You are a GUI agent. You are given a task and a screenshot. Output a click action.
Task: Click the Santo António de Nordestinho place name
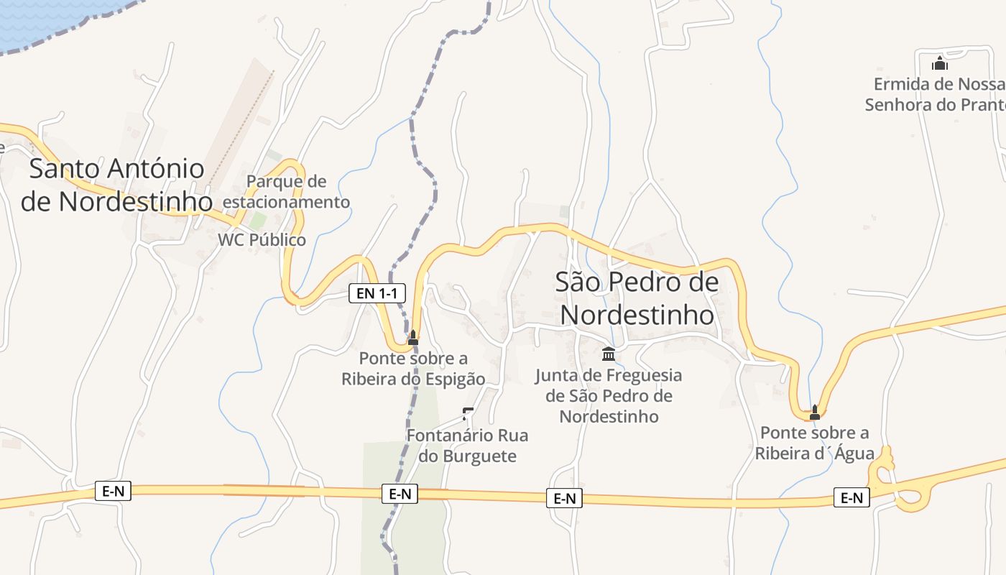coord(117,185)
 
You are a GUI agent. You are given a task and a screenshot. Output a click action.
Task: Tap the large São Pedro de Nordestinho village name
coord(637,298)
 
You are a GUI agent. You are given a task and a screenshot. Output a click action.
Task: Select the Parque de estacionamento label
coord(286,191)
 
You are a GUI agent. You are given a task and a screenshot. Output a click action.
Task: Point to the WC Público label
coord(262,240)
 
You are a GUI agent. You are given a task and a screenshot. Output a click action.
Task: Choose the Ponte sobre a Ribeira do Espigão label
coord(413,368)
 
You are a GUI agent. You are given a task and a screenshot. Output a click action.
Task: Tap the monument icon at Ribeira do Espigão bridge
coord(413,338)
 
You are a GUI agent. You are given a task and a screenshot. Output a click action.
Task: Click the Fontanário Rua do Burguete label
coord(467,445)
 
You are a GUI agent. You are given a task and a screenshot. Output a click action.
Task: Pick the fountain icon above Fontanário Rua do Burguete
coord(468,414)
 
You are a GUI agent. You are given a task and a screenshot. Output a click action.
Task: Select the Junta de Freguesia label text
coord(609,395)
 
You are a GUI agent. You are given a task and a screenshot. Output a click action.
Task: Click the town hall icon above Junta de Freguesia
coord(609,354)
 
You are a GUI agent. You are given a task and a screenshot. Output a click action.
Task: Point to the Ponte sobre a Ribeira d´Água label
coord(814,443)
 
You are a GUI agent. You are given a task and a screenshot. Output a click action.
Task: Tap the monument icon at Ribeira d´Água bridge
coord(814,413)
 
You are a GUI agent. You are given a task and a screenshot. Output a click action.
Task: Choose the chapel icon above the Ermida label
coord(939,63)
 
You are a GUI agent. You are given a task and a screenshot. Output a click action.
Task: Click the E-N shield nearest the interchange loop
coord(852,497)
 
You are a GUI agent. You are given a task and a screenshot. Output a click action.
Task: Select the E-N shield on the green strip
coord(400,494)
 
